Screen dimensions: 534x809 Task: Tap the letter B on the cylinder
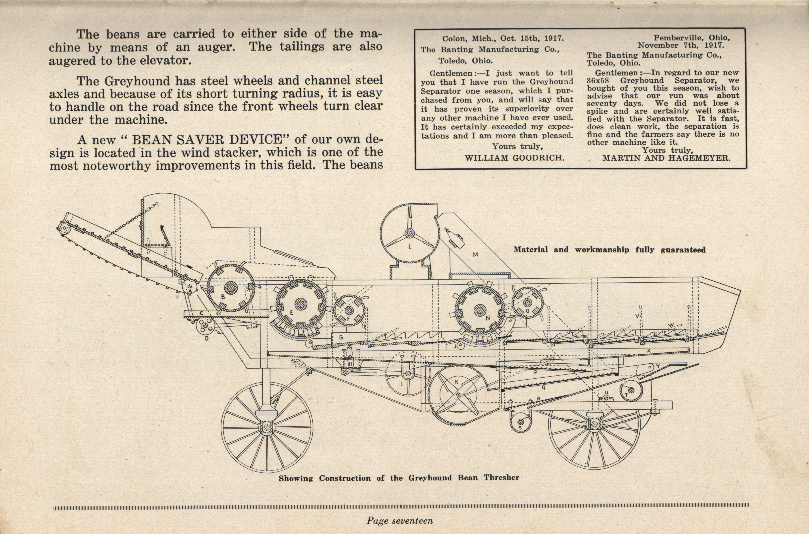point(223,297)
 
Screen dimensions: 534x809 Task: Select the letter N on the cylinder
point(488,318)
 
